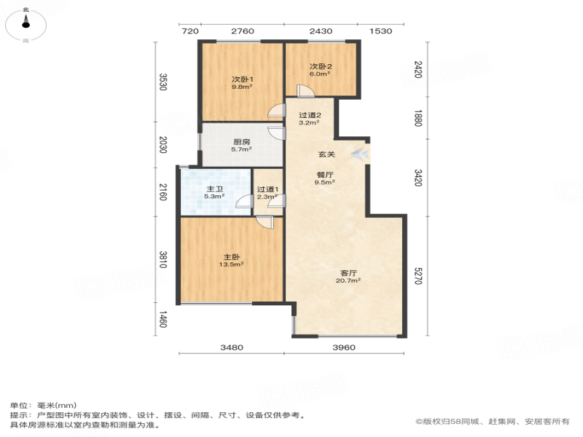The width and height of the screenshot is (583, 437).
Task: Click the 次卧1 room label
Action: [x=243, y=79]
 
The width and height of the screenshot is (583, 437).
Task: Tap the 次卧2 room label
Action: [x=321, y=66]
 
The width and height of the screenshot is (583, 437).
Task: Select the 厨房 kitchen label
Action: [x=242, y=142]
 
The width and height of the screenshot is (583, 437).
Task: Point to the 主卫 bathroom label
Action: [x=214, y=189]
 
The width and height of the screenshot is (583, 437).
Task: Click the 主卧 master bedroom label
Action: [x=231, y=257]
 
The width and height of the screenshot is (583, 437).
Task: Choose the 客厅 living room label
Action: [x=348, y=273]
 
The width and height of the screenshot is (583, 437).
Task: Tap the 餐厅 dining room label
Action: [x=325, y=175]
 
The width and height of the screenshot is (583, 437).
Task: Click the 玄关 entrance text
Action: [x=326, y=154]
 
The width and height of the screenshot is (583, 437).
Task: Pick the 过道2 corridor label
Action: [x=310, y=115]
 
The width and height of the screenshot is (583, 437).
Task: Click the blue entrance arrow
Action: [x=360, y=154]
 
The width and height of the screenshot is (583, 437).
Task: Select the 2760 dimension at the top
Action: [x=243, y=31]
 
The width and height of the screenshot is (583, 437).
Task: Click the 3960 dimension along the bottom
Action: [x=344, y=347]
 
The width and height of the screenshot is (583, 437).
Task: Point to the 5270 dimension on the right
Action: [x=418, y=276]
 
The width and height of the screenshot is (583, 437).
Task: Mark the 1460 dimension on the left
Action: [x=163, y=319]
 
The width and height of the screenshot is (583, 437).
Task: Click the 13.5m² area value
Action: [x=231, y=264]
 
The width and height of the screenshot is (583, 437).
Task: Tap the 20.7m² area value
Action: [x=348, y=280]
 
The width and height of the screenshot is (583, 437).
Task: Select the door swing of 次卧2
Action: [x=305, y=92]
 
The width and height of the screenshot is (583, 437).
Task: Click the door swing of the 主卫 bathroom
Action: [x=245, y=201]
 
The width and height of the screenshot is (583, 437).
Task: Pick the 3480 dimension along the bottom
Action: [x=232, y=347]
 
